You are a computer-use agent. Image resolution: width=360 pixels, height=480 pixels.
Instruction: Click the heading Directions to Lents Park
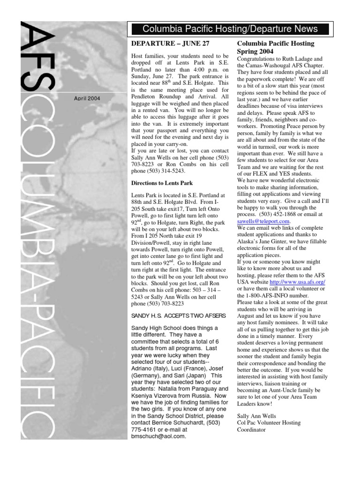click(162, 183)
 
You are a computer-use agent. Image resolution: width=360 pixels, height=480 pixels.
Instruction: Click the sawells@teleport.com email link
click(264, 221)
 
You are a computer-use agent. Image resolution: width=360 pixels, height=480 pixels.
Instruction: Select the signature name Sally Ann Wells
click(257, 416)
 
